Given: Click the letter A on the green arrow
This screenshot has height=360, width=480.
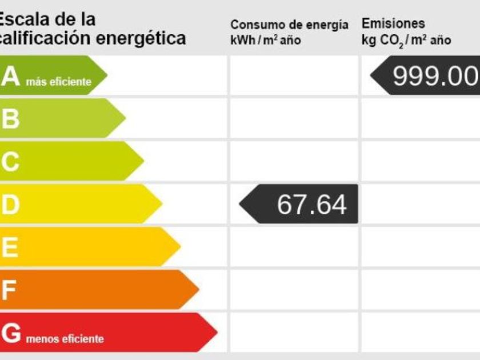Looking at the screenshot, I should [x=10, y=77].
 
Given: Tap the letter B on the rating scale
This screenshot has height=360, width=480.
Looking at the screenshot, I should [x=10, y=119].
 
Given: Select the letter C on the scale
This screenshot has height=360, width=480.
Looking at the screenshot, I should [x=10, y=162].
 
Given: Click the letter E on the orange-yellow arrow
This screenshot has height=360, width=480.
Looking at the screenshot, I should [x=10, y=248].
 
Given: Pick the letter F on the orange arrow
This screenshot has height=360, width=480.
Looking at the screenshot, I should [x=9, y=291].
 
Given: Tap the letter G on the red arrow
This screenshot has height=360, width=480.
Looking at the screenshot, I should [x=11, y=334].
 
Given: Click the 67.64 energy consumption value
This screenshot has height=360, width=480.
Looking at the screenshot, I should [x=311, y=205].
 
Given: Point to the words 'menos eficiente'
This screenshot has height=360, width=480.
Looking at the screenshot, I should [x=65, y=339].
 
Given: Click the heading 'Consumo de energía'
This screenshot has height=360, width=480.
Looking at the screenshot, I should [x=289, y=25].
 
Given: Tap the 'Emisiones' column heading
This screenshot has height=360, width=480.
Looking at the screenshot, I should [x=393, y=24].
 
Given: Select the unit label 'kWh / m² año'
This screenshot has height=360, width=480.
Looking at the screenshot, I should [x=266, y=41].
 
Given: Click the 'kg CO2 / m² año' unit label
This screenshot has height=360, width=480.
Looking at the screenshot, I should [x=406, y=41].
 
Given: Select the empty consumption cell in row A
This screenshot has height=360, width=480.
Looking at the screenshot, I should [x=294, y=75].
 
